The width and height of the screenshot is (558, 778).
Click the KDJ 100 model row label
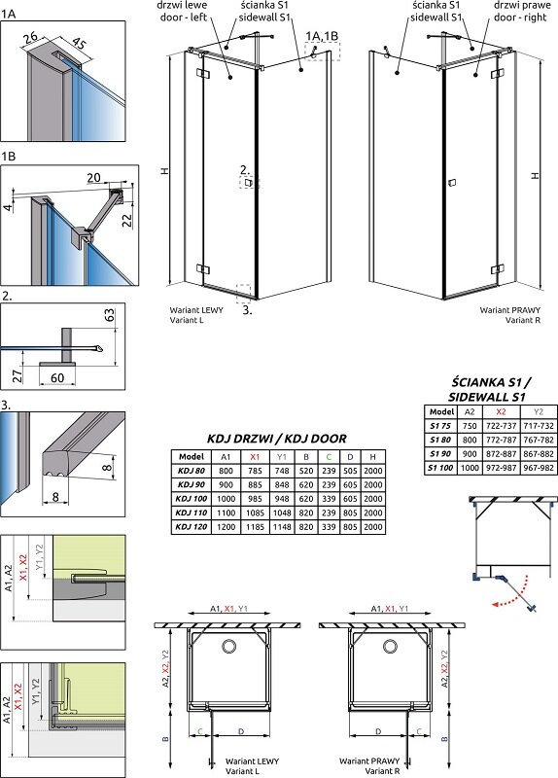coord(192,499)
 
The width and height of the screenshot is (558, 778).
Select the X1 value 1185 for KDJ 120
coord(255,526)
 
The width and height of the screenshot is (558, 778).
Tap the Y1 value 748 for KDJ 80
coord(281,471)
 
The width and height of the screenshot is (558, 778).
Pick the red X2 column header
coord(501,411)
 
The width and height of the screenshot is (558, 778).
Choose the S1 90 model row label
coord(440,453)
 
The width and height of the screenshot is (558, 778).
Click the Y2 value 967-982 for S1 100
coord(538,468)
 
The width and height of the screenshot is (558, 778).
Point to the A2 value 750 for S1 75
coord(470,426)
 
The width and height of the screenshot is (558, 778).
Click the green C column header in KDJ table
coord(329,457)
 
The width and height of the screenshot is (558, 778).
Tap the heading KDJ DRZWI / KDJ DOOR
coord(277,439)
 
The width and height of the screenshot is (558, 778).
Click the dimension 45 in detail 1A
coord(80,46)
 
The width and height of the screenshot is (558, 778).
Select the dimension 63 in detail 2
coord(109,315)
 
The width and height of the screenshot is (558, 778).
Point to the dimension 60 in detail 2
coord(57,378)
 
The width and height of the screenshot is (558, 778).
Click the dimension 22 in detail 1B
coord(127,219)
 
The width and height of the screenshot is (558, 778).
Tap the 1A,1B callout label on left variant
coord(322,36)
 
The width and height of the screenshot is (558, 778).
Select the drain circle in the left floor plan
coord(229,646)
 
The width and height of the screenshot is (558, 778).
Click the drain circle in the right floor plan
coord(391,646)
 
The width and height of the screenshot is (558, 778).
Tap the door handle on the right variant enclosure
coord(451,183)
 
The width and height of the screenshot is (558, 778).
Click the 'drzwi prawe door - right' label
coord(522,12)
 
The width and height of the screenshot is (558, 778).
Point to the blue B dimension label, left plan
coord(165,739)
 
